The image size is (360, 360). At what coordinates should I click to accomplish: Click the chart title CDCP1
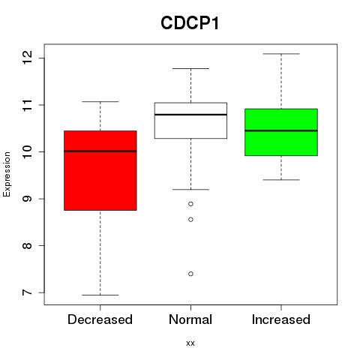pyautogui.click(x=190, y=23)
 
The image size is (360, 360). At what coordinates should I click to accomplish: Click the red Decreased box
pyautogui.click(x=100, y=170)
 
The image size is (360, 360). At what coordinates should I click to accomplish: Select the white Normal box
pyautogui.click(x=190, y=121)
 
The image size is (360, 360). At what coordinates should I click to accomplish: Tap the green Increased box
pyautogui.click(x=281, y=132)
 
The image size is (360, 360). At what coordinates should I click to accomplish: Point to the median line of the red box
pyautogui.click(x=100, y=151)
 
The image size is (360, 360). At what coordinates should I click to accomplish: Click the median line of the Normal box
pyautogui.click(x=190, y=115)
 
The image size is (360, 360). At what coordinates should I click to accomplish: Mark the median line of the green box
pyautogui.click(x=281, y=130)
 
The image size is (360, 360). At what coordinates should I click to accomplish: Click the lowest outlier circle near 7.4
pyautogui.click(x=190, y=274)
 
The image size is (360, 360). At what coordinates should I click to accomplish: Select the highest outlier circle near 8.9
pyautogui.click(x=190, y=204)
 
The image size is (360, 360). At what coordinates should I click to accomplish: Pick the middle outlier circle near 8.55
pyautogui.click(x=190, y=220)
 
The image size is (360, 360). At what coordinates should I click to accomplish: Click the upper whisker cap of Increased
pyautogui.click(x=281, y=54)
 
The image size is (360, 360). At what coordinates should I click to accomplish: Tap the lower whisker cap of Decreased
pyautogui.click(x=100, y=295)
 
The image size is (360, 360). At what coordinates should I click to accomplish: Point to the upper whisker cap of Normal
pyautogui.click(x=190, y=68)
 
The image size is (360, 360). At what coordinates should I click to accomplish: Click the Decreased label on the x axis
pyautogui.click(x=100, y=319)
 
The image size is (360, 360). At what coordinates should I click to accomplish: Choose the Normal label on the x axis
pyautogui.click(x=190, y=319)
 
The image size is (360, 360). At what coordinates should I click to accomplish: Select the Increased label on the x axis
pyautogui.click(x=281, y=319)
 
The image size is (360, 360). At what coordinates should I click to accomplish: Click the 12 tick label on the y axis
pyautogui.click(x=28, y=58)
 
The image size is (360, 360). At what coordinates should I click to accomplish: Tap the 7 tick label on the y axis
pyautogui.click(x=28, y=292)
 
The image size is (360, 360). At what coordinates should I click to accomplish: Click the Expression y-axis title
pyautogui.click(x=7, y=174)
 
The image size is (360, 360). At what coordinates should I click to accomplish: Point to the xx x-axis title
pyautogui.click(x=190, y=343)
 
